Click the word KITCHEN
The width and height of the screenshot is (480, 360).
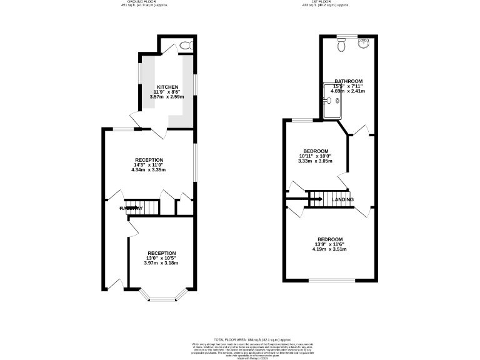[167, 87]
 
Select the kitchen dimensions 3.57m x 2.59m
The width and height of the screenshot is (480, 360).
[167, 97]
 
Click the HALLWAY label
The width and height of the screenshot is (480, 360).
[132, 208]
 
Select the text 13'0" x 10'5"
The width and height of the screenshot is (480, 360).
[161, 258]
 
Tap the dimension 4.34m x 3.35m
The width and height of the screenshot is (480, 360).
[149, 169]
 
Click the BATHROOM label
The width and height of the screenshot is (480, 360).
[348, 81]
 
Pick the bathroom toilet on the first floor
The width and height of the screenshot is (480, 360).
[341, 45]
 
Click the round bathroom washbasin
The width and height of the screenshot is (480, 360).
[364, 44]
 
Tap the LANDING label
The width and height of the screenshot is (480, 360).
[342, 200]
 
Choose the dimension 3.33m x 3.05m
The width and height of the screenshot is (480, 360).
[316, 161]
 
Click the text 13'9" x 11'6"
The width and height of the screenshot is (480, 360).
[330, 244]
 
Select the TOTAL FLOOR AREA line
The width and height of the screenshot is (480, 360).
[240, 338]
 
